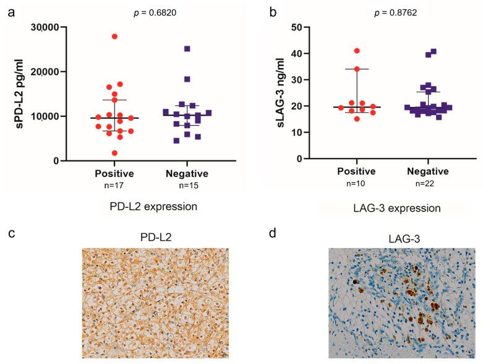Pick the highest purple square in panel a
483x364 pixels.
pos(187,48)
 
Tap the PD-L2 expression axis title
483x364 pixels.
pos(152,207)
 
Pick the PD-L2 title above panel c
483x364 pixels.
pos(155,236)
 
